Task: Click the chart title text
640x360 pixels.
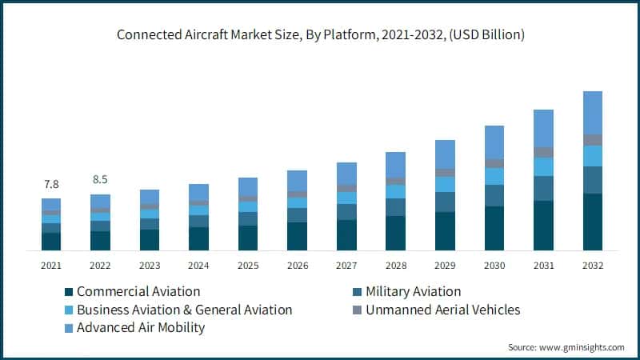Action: coord(320,34)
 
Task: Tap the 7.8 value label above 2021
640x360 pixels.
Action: coord(51,184)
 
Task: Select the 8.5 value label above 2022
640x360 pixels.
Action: coord(100,179)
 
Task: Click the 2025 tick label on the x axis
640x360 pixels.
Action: coord(248,265)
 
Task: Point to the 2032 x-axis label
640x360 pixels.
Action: coord(592,265)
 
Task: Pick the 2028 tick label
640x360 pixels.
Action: coord(395,265)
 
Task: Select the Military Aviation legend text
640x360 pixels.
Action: coord(413,292)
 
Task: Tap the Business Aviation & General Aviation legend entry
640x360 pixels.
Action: coord(184,310)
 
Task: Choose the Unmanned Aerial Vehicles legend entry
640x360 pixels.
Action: coord(442,310)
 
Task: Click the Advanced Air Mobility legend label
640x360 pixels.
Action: coord(141,327)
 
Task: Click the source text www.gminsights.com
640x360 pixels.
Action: coord(566,347)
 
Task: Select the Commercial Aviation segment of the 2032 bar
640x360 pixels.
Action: coord(592,222)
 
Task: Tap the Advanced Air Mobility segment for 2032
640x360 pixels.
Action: coord(592,112)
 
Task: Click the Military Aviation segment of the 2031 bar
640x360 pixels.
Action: coord(543,188)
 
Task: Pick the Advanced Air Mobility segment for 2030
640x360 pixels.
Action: coord(494,142)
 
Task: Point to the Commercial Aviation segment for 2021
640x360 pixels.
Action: coord(51,242)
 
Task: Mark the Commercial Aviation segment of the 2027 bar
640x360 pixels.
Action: coord(346,235)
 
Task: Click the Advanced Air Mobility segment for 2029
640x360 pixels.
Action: coord(445,154)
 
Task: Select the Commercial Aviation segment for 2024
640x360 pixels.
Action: coord(198,238)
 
